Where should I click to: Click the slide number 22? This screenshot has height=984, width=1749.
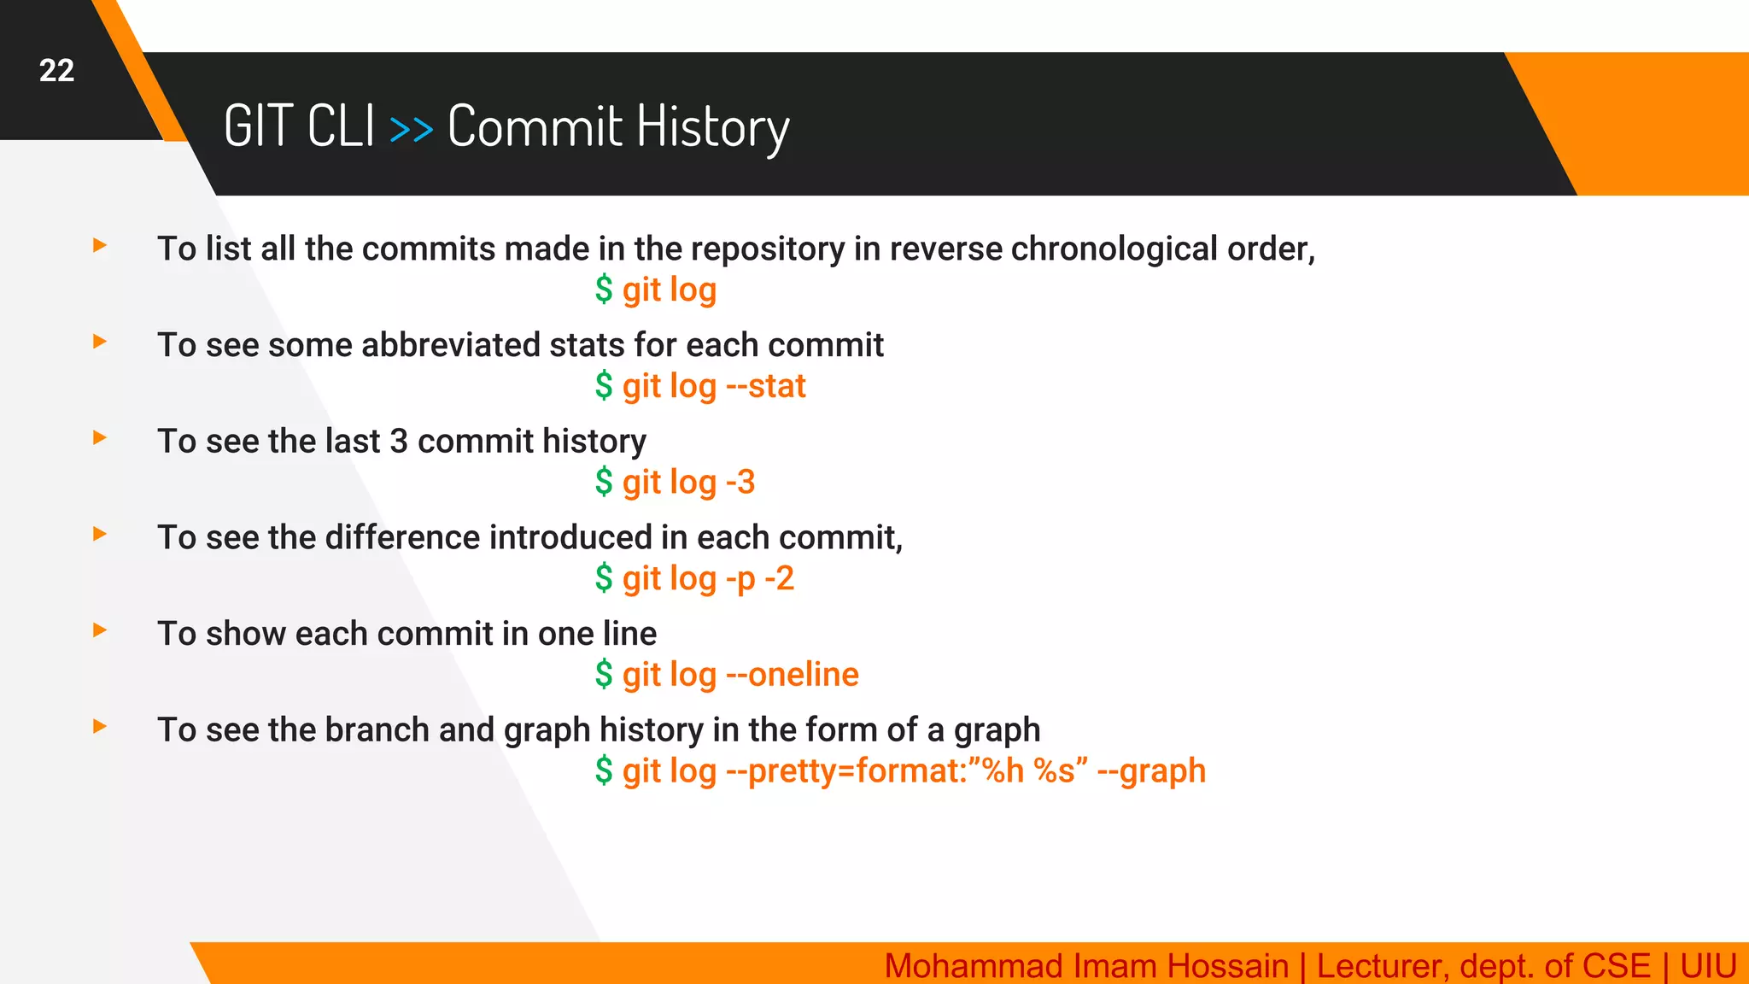click(56, 70)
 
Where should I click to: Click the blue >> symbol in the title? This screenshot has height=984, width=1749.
click(411, 130)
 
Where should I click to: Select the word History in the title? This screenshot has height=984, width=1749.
click(712, 128)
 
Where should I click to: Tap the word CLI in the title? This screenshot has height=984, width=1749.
click(341, 126)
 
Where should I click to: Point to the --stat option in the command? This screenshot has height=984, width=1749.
click(765, 386)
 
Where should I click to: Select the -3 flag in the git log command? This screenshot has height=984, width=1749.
click(740, 483)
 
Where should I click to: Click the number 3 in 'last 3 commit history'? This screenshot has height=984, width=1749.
click(398, 442)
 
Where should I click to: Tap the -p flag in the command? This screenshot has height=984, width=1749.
click(740, 579)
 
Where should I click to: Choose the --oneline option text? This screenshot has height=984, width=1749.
click(792, 675)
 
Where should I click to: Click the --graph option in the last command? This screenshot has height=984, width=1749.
click(1150, 771)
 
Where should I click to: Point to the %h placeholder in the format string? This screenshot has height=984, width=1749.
click(1003, 771)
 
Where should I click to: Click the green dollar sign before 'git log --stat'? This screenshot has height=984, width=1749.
click(604, 386)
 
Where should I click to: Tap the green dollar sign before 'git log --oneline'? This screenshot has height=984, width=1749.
click(604, 675)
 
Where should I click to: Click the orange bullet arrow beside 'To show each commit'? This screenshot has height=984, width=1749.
click(100, 630)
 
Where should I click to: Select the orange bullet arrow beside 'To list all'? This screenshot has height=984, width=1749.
click(100, 246)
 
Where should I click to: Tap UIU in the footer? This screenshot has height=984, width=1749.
click(1707, 966)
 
